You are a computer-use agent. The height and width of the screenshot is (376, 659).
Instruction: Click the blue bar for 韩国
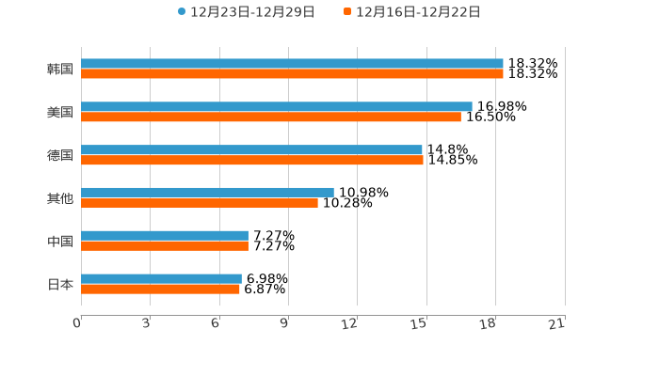[x=292, y=64]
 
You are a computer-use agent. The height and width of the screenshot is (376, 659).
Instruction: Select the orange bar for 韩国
[x=292, y=74]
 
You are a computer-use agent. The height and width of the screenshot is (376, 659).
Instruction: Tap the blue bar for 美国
[x=277, y=107]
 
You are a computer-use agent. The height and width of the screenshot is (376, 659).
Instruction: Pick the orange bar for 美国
[x=271, y=117]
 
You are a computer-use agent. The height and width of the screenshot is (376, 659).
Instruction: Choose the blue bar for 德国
[x=251, y=149]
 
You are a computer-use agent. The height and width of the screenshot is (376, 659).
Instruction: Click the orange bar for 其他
[x=200, y=203]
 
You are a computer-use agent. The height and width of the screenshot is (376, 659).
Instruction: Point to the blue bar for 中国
[x=165, y=236]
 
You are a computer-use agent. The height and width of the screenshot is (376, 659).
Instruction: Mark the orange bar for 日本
[x=160, y=290]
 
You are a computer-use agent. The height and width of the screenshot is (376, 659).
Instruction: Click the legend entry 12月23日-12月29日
[x=252, y=12]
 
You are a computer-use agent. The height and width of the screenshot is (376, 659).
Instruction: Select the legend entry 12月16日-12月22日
[x=418, y=12]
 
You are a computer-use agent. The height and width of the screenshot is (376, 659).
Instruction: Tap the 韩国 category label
[x=60, y=70]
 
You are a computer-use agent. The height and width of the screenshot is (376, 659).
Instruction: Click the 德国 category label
[x=60, y=155]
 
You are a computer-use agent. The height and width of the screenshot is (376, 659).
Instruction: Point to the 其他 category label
[x=60, y=198]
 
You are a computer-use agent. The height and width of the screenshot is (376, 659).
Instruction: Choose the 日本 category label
[x=60, y=284]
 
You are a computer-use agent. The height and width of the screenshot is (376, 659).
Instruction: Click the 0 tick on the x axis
[x=78, y=324]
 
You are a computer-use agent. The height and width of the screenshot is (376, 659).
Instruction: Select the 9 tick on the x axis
[x=284, y=324]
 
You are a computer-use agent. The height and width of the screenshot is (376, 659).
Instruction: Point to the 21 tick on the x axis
[x=557, y=324]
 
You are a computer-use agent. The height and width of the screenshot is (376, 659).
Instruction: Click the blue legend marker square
[x=182, y=12]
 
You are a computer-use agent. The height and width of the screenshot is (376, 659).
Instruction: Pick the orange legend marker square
[x=347, y=12]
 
